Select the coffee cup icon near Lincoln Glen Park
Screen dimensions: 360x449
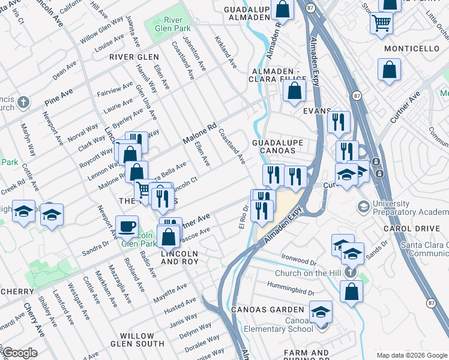point(127,226)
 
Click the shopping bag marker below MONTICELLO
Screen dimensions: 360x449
point(389,69)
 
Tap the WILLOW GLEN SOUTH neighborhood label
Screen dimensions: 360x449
point(142,340)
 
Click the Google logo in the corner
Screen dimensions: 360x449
point(20,353)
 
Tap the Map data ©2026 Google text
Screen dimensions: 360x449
point(411,355)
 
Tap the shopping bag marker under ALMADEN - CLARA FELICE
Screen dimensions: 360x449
point(294,92)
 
